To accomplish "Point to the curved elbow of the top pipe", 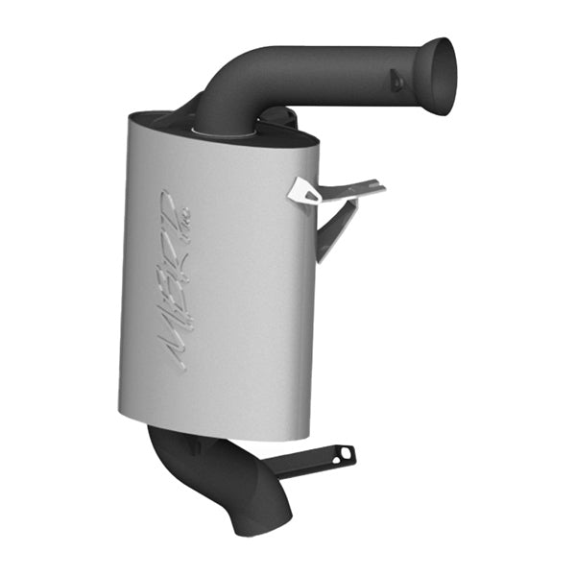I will point(228,83).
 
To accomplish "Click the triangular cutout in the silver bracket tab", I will point(307,194).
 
